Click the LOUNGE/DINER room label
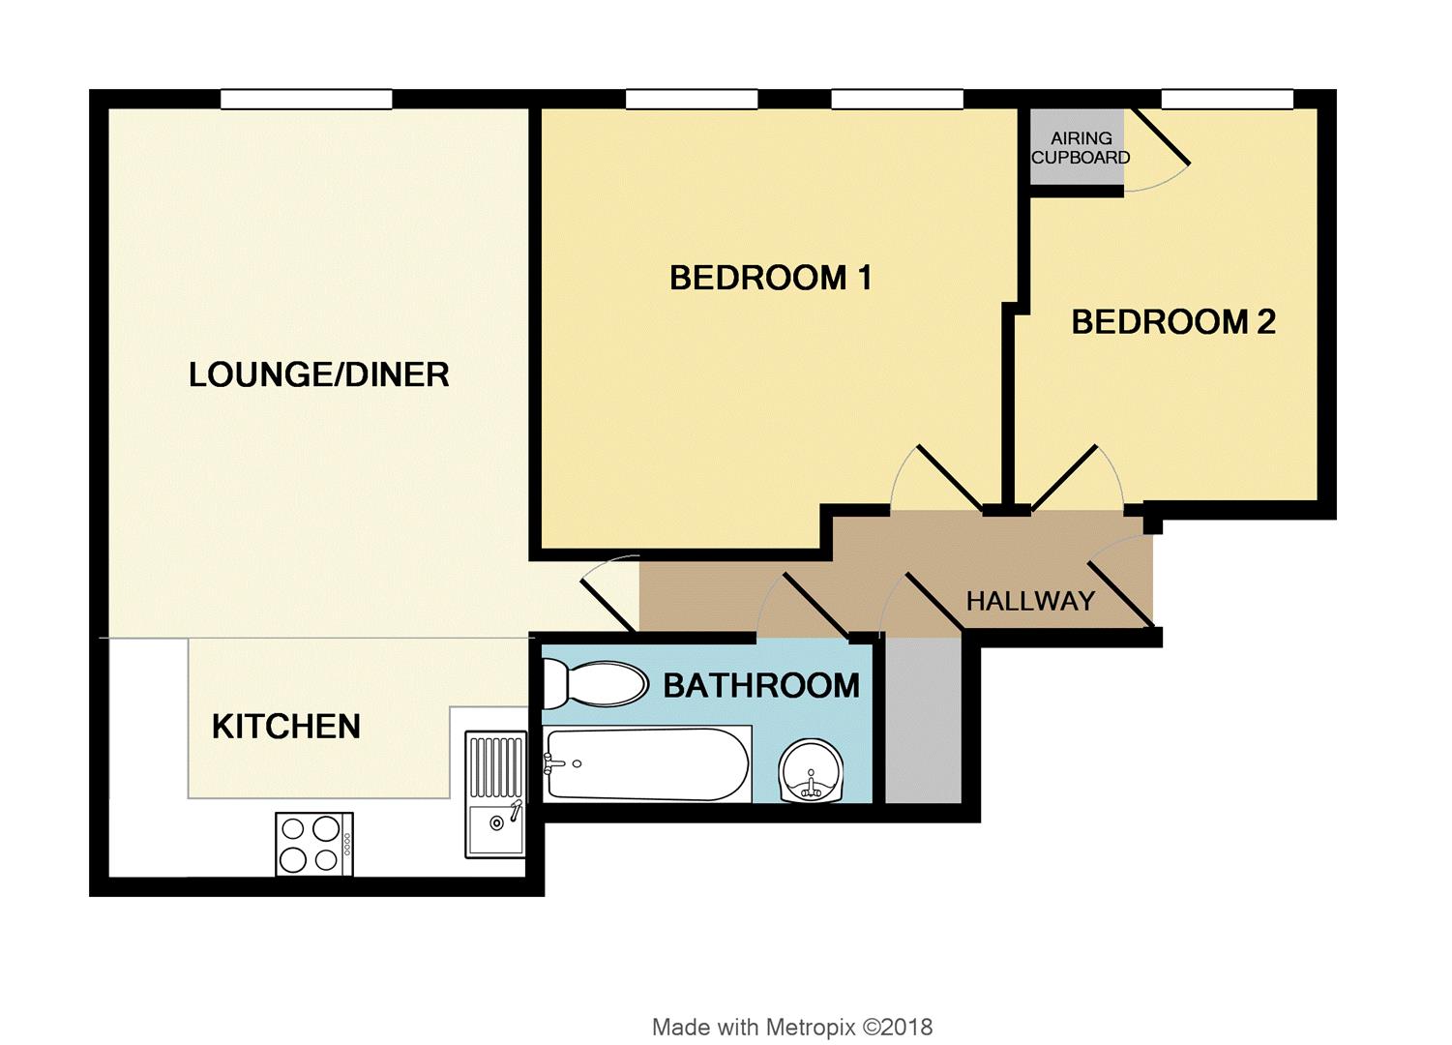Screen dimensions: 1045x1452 click(318, 374)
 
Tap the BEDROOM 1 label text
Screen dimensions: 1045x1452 click(770, 279)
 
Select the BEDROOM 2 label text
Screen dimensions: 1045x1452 click(1172, 321)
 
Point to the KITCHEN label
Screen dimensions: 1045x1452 click(285, 727)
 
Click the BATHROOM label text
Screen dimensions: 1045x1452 click(760, 686)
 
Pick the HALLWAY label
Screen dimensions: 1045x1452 click(1030, 601)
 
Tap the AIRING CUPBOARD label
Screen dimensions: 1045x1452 click(1080, 148)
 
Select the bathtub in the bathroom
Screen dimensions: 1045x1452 click(647, 764)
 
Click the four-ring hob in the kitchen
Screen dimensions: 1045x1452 click(313, 844)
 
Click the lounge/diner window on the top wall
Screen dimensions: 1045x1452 click(306, 99)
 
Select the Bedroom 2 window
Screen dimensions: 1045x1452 click(1227, 99)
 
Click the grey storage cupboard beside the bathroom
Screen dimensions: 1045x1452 click(924, 720)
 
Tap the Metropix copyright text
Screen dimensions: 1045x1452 click(791, 1027)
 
